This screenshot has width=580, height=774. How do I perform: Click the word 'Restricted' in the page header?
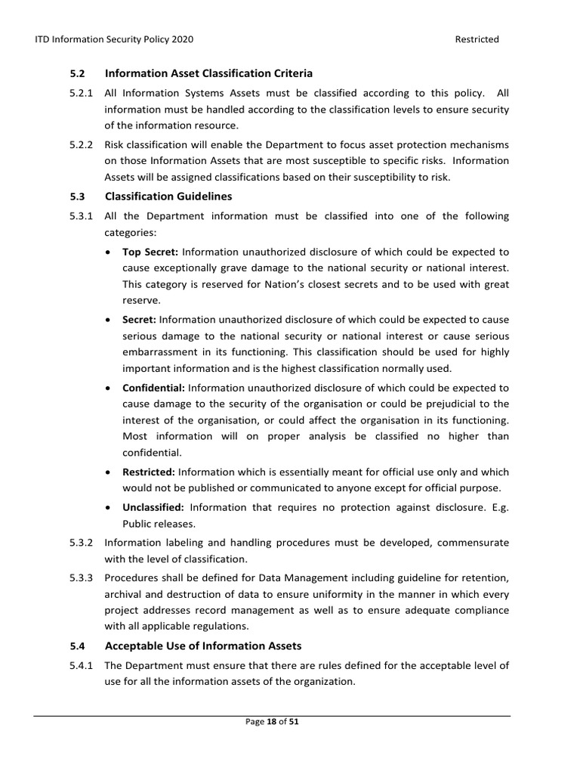[x=477, y=39]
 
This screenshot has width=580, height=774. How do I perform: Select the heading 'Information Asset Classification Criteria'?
[x=208, y=73]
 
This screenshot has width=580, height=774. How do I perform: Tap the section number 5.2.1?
[x=81, y=93]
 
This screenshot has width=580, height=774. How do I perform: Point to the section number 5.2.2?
[x=81, y=144]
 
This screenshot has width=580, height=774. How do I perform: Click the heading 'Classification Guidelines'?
[x=168, y=196]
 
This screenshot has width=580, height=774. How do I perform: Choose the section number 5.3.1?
[x=81, y=216]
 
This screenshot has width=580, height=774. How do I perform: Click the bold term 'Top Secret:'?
[x=150, y=252]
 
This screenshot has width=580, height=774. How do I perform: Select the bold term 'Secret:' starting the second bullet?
[x=140, y=319]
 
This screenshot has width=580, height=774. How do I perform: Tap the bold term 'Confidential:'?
[x=153, y=387]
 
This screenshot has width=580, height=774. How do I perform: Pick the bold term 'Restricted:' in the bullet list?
[x=149, y=472]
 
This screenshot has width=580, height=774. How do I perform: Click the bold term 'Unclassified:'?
[x=153, y=507]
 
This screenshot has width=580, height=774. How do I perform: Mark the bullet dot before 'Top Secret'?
[x=110, y=252]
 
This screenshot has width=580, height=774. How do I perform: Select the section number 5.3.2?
[x=81, y=543]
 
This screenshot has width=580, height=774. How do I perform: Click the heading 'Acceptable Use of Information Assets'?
[x=203, y=646]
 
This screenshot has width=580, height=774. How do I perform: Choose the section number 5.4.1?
[x=81, y=665]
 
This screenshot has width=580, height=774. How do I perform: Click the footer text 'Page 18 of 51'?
[x=273, y=722]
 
